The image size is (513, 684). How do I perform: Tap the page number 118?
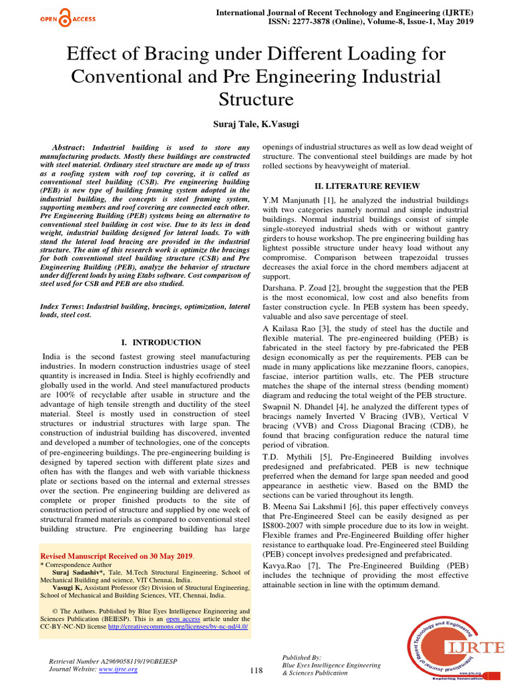coord(256,670)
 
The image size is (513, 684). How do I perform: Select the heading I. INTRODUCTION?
coord(160,342)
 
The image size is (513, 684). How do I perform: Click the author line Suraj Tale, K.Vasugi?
coord(256,125)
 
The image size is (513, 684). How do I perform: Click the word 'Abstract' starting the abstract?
coord(67,147)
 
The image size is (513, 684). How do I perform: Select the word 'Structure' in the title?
coord(256,100)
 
